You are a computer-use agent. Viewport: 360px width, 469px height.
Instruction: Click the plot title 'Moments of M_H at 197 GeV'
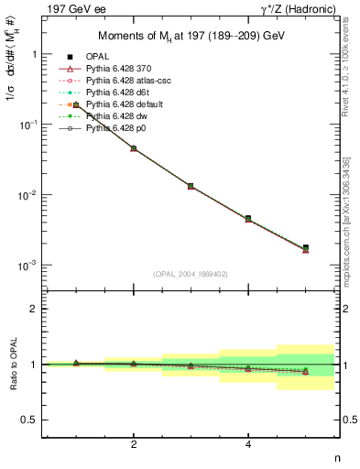tap(191, 36)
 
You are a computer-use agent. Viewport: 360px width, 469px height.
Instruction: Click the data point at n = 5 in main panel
tap(305, 247)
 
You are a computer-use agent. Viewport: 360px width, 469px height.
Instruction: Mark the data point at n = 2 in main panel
tap(134, 147)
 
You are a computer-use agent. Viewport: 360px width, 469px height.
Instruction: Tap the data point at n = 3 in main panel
tap(191, 186)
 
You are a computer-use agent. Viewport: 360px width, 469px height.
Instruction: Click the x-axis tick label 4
tap(248, 444)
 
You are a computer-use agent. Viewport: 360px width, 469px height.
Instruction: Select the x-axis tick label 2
tap(134, 444)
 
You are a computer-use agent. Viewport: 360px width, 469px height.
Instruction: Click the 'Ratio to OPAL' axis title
tap(12, 365)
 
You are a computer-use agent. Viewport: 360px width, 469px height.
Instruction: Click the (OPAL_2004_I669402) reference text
tap(191, 274)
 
